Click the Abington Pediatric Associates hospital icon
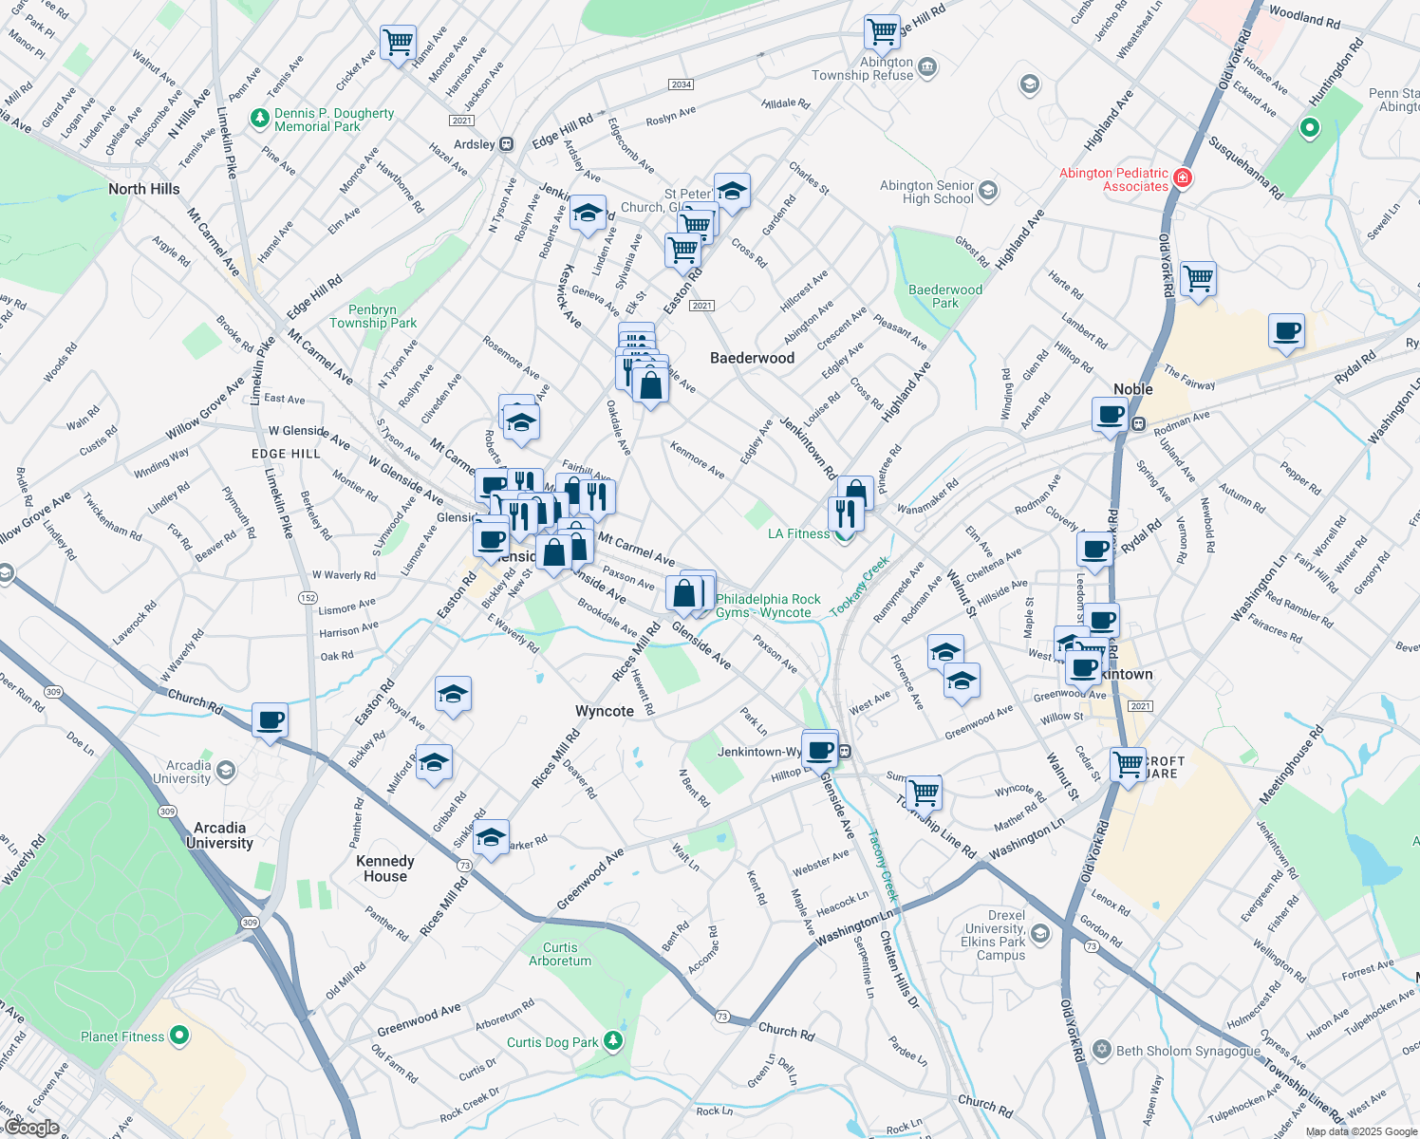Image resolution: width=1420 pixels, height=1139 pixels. pos(1182,178)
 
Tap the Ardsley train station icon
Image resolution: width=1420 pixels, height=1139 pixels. pos(507,144)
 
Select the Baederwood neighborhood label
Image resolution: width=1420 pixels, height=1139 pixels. pos(752,358)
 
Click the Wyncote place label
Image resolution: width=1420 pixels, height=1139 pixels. pos(604,711)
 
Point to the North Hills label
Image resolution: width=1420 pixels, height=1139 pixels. pos(143,189)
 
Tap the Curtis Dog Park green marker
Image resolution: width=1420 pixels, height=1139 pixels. pos(613,1041)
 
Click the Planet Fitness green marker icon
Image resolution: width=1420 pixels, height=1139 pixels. pos(178,1036)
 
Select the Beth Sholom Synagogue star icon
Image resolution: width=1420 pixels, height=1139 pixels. pos(1102,1050)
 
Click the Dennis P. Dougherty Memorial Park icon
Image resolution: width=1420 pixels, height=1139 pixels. pos(259,119)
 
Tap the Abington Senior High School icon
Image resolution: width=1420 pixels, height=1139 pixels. pos(988,192)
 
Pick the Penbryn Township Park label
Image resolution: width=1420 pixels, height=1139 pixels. pos(372,316)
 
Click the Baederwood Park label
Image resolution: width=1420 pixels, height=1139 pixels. pos(944,296)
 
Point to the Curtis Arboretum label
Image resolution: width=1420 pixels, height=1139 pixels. pos(560,954)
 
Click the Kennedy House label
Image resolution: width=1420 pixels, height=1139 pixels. pos(384,868)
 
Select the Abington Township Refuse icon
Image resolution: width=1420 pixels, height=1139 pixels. pos(927,67)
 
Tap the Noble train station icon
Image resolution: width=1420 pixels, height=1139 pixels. pos(1137,423)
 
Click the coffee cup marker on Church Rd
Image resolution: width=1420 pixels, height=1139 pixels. pos(271,720)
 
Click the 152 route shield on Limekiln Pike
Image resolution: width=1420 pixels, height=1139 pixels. pos(308,598)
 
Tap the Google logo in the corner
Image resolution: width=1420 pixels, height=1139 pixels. pos(31,1127)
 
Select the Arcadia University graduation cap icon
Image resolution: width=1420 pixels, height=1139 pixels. pos(226,770)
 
